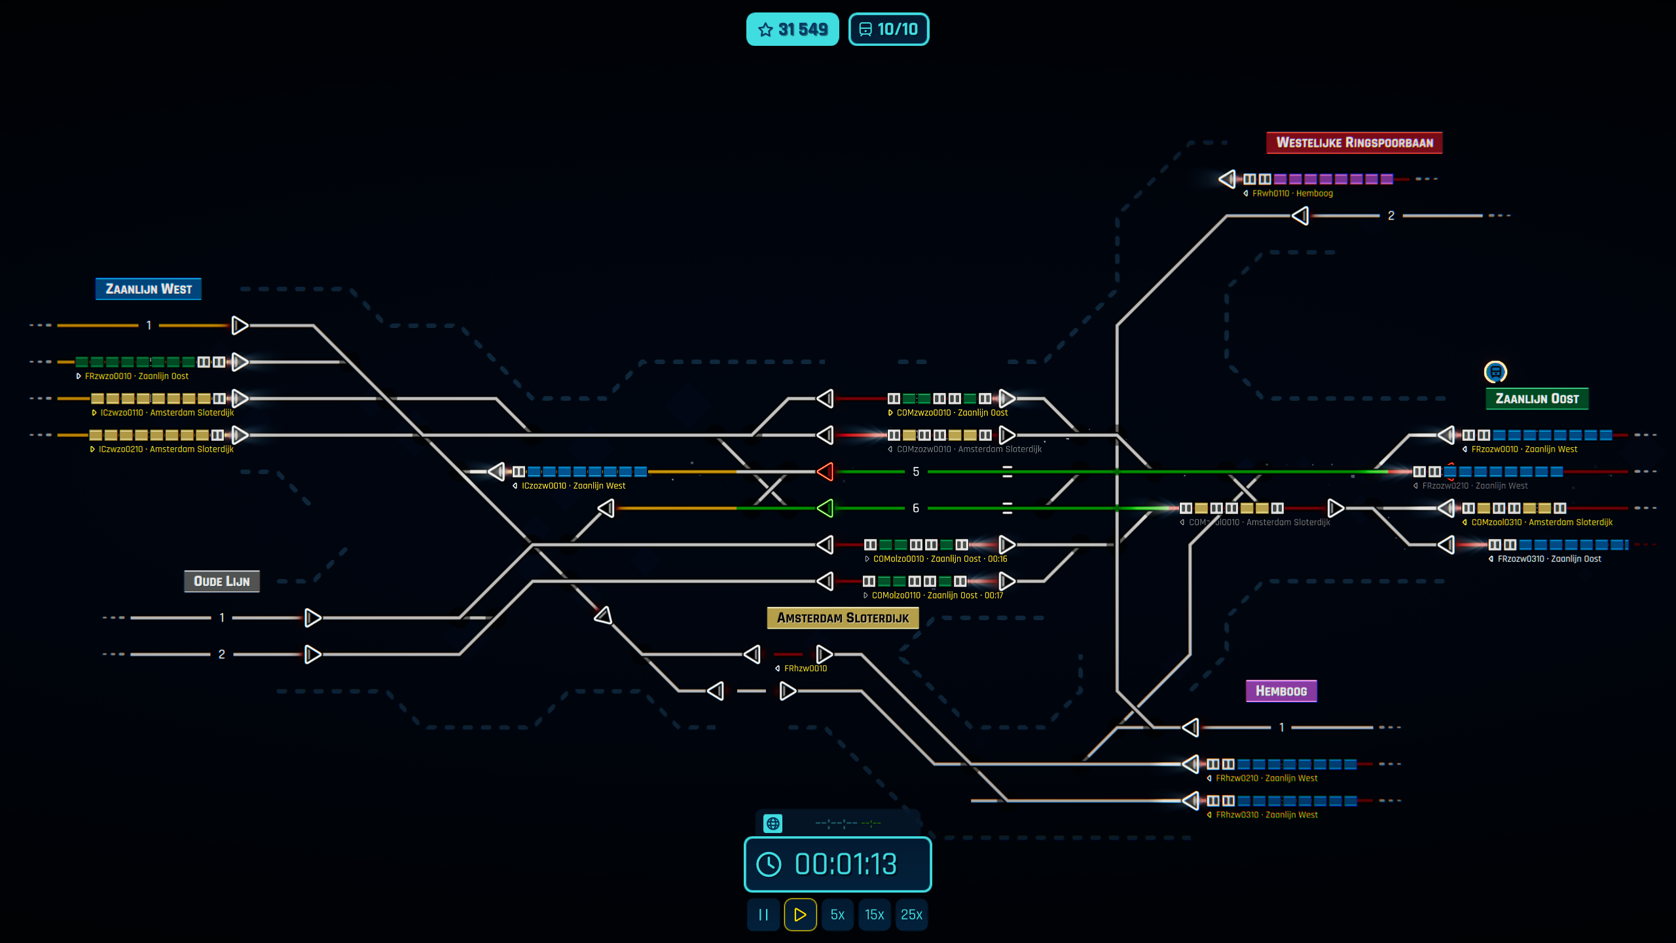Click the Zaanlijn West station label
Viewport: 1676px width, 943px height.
tap(149, 289)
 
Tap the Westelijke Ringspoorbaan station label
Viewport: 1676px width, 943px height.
tap(1354, 143)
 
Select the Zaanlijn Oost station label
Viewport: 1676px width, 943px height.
tap(1537, 399)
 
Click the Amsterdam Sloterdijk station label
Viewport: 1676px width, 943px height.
tap(843, 618)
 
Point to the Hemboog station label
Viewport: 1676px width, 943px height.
tap(1281, 691)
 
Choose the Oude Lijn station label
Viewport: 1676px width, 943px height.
tap(221, 581)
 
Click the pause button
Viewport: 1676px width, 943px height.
tap(763, 914)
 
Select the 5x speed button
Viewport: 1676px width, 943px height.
tap(837, 914)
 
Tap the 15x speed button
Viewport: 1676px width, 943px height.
tap(874, 914)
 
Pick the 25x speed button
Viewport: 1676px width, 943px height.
tap(911, 914)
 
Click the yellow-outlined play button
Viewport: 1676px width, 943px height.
tap(800, 914)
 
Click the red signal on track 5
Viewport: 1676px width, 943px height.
tap(826, 471)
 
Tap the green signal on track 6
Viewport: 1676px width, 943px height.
tap(826, 508)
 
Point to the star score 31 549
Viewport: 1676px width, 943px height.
tap(792, 29)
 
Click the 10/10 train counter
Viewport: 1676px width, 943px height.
tap(888, 29)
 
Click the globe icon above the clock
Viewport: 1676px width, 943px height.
tap(773, 823)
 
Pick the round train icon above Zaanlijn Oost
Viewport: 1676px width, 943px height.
tap(1495, 372)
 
